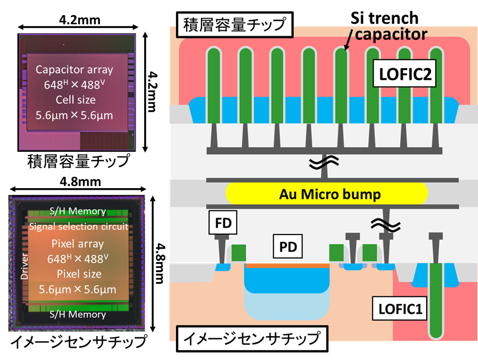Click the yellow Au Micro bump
tap(327, 193)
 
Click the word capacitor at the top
tap(392, 34)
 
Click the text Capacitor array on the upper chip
tap(75, 69)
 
